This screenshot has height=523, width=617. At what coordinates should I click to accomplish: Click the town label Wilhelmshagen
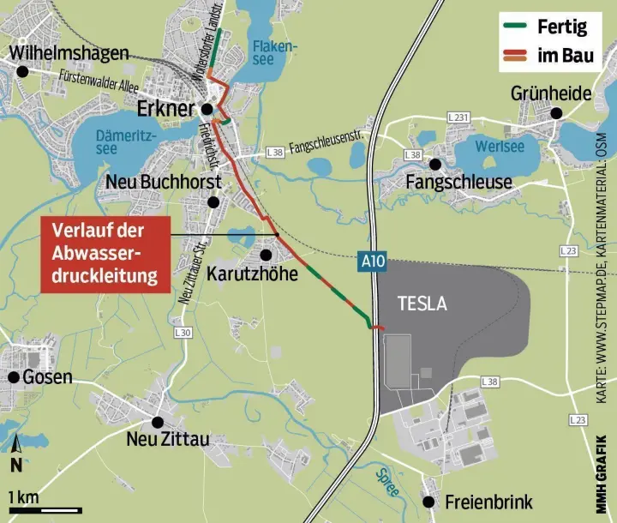pos(70,52)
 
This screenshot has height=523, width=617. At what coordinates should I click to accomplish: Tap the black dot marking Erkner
pos(207,110)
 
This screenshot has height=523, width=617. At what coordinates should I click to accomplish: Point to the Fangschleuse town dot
pos(435,164)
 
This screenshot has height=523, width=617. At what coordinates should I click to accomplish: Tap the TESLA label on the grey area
pos(423,304)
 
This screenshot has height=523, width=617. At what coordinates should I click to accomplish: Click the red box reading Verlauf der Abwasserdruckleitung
pos(104,253)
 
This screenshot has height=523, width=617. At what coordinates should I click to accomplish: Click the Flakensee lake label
pos(275,53)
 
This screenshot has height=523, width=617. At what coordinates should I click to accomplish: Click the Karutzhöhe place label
pos(252,274)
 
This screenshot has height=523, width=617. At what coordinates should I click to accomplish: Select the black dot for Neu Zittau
pos(158,421)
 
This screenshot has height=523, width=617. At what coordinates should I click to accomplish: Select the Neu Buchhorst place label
pos(163,182)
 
